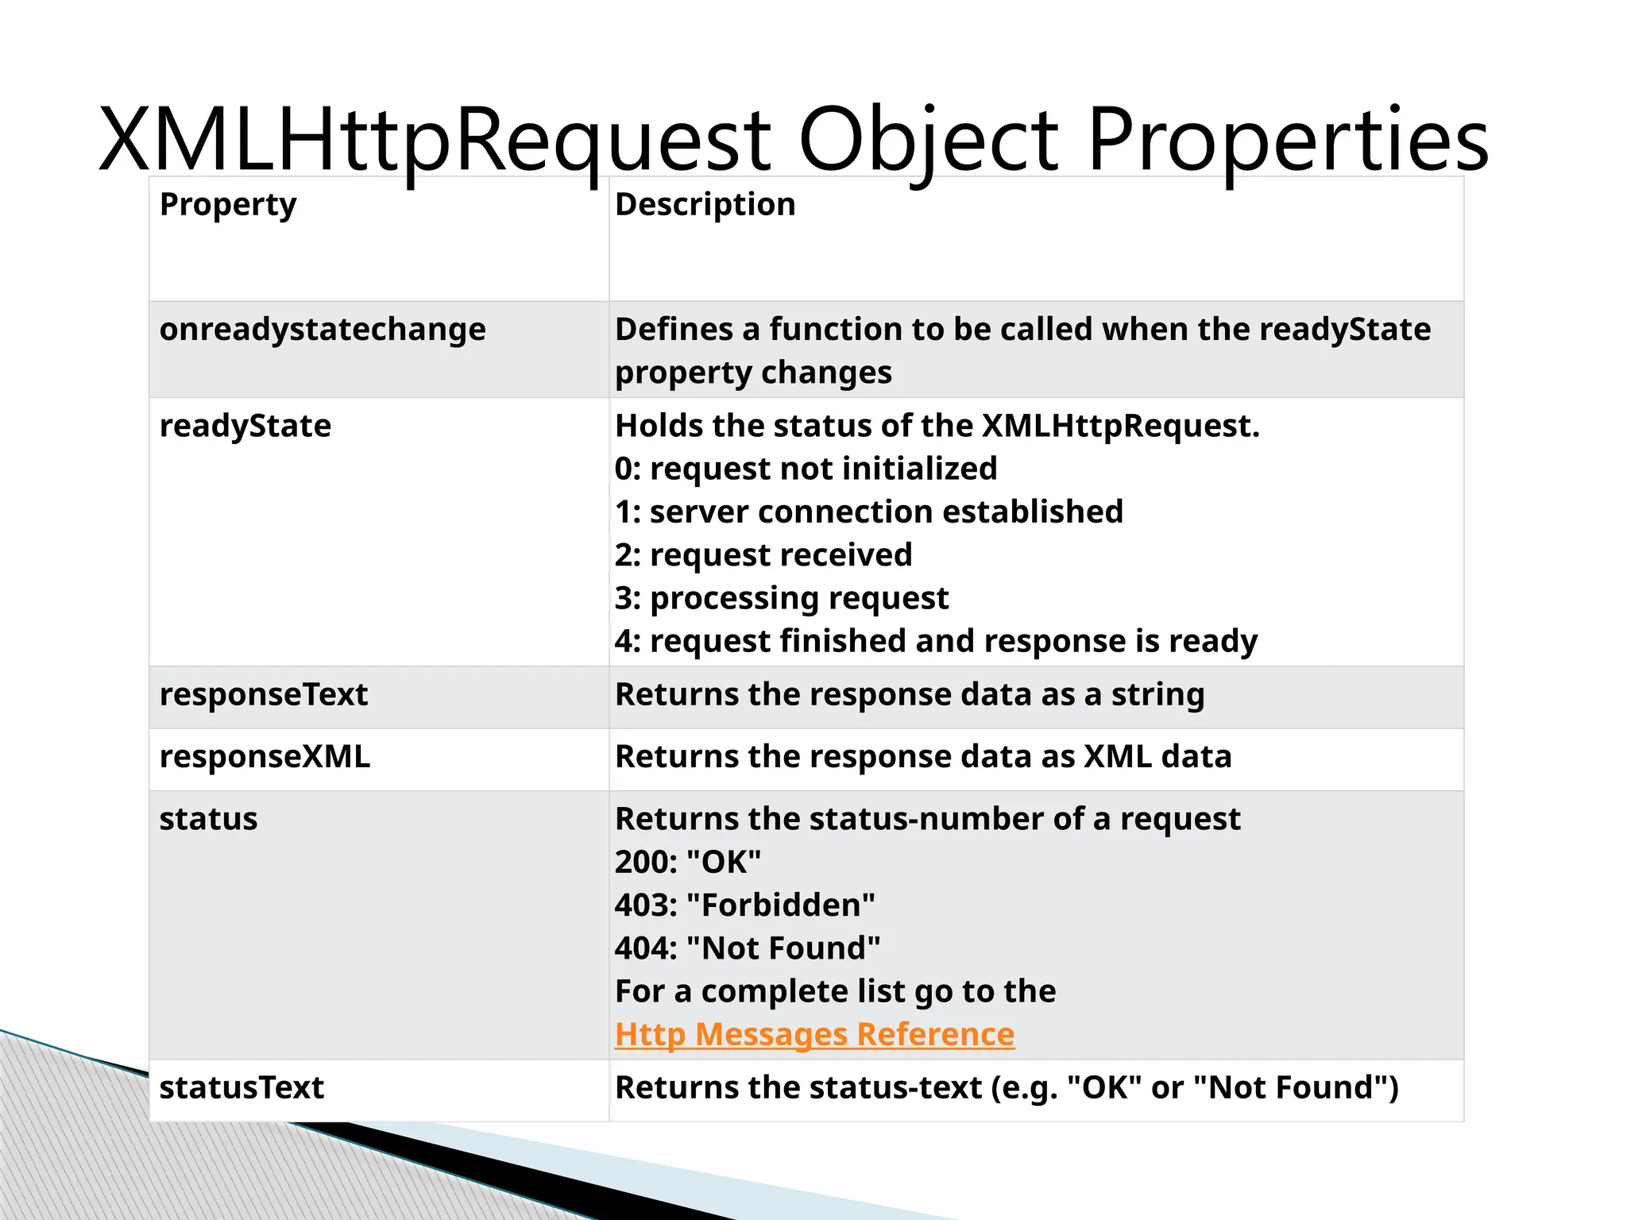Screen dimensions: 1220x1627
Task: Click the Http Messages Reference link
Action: point(814,1034)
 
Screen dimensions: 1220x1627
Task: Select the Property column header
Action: point(228,205)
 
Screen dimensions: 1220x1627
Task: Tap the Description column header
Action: point(705,205)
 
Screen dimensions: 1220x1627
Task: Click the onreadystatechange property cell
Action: point(323,330)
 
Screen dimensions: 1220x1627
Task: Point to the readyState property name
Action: point(245,427)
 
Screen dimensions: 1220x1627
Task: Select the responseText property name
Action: point(264,695)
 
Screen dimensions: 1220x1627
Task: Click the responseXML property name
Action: point(265,757)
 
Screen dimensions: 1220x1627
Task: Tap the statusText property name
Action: point(242,1087)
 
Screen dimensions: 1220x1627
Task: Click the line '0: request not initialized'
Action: point(806,469)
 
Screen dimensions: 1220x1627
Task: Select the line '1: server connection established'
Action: point(869,512)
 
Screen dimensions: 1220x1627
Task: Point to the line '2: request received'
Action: point(763,555)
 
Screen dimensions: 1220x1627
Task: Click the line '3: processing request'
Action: point(782,598)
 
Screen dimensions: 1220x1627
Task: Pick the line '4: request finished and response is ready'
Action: point(936,641)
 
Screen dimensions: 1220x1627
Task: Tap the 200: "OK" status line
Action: point(688,862)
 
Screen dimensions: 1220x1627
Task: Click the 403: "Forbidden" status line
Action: point(745,905)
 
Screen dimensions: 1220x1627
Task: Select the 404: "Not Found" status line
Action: point(748,948)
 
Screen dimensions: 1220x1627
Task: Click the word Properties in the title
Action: point(1287,141)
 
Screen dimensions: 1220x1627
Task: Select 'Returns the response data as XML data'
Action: point(923,757)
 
